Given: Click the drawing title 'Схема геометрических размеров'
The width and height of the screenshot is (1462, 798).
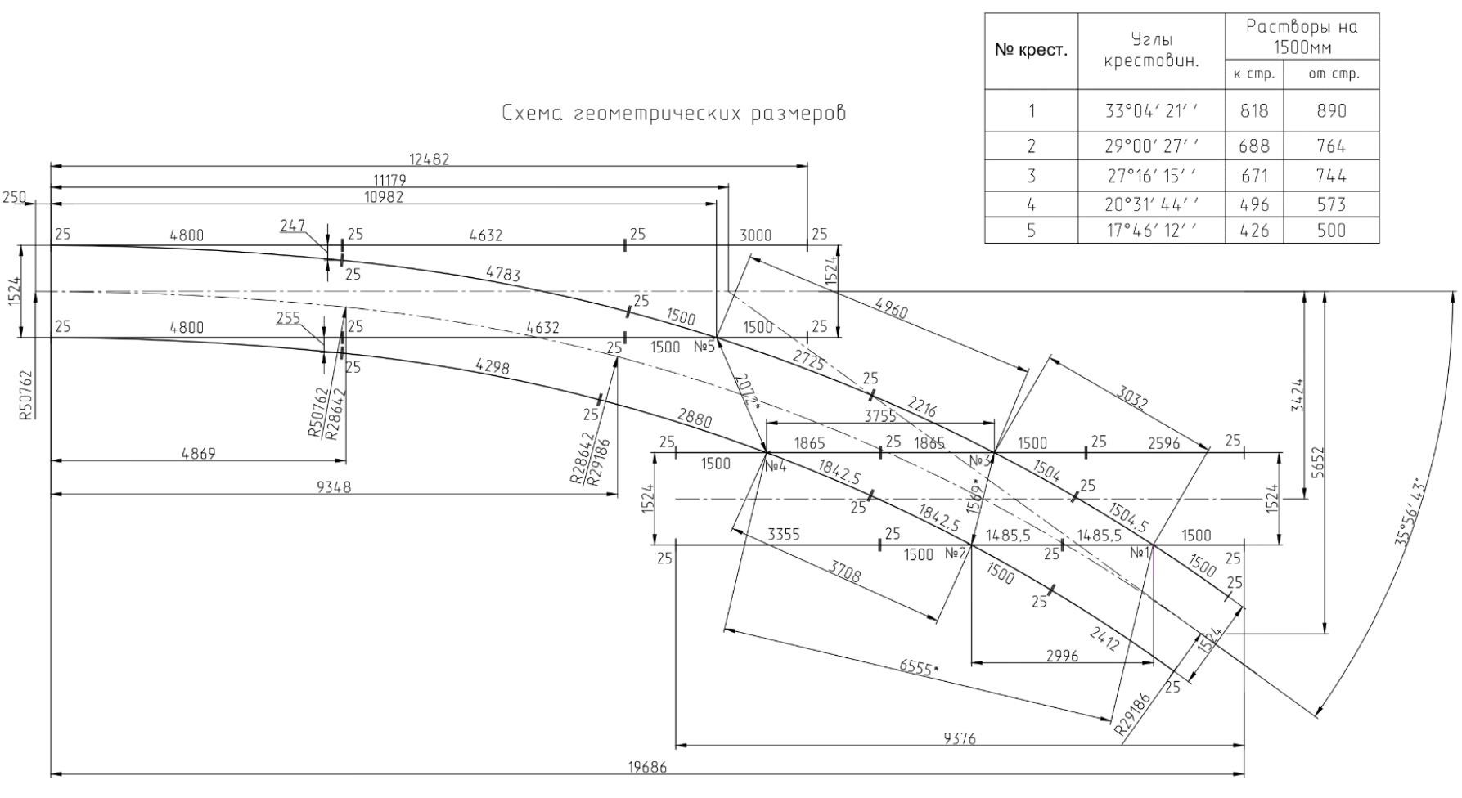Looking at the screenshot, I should point(673,114).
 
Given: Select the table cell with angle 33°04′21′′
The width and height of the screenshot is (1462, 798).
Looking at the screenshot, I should point(1151,111).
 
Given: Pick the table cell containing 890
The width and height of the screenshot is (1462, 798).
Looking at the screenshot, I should point(1331,111).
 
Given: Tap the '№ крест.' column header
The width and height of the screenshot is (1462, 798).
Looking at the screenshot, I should point(1031,50).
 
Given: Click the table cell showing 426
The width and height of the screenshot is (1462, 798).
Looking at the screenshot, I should point(1254,231).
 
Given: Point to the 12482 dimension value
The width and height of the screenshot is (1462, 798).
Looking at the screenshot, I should point(429,159).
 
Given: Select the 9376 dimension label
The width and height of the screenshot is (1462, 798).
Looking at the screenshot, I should point(959,739).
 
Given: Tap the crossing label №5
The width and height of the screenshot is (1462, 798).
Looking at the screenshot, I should point(704,347).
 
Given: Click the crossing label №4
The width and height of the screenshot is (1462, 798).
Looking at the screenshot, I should point(776,466).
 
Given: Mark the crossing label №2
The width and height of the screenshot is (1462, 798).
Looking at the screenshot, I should point(956,554).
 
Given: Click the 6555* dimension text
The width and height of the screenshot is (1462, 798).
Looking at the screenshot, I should point(919,667).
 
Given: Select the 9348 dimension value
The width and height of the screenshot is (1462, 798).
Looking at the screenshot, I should point(333,487).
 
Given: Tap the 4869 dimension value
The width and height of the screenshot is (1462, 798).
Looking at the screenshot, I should point(198,454).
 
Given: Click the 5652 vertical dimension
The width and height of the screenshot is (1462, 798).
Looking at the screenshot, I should point(1317,463).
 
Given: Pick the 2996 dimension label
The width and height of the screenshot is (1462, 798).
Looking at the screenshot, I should point(1062,656).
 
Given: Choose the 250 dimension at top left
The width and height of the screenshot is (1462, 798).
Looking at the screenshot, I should point(14,197).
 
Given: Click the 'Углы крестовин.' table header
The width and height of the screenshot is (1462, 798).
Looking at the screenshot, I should point(1151,50).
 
